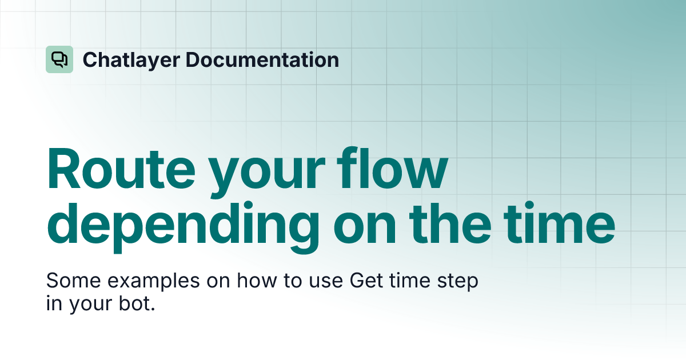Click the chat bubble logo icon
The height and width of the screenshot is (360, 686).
(x=59, y=59)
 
